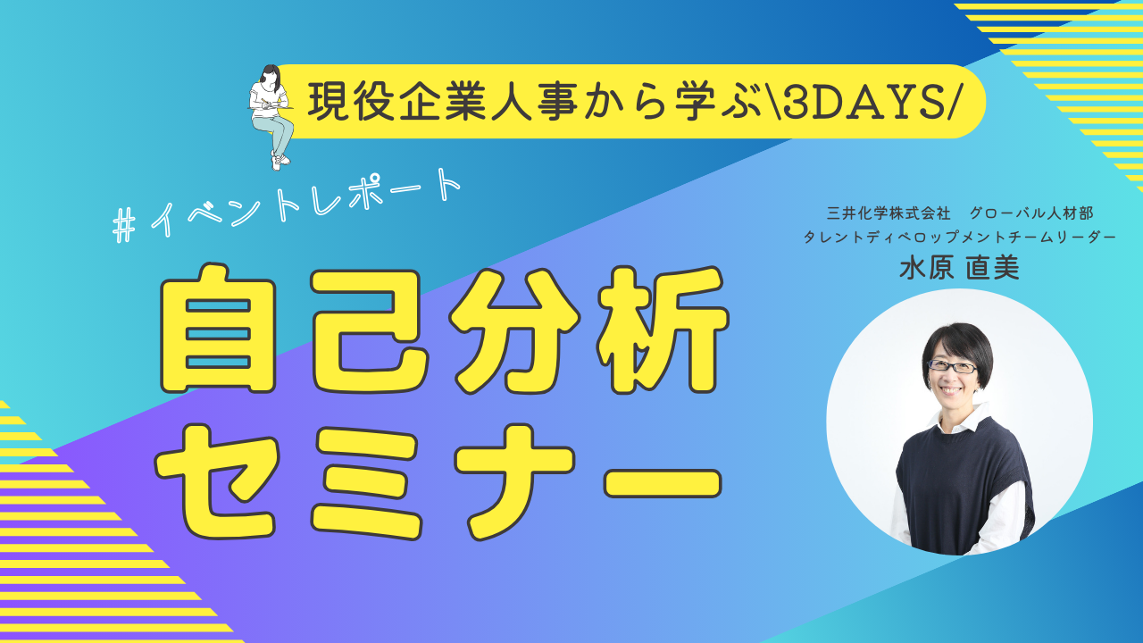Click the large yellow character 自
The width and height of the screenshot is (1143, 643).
coord(219,330)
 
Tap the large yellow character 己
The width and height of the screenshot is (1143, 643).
coord(370,330)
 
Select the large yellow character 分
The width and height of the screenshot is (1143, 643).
coord(514,330)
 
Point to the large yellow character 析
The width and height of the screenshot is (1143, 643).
coord(663,330)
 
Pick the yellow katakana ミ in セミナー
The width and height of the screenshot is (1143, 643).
coord(366,482)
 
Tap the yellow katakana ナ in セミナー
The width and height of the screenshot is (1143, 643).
coord(515,481)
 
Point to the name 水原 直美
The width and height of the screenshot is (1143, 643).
coord(959,267)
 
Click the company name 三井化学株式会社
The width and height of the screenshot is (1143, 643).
coord(889,213)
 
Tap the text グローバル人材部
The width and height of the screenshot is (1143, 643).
coord(1030,213)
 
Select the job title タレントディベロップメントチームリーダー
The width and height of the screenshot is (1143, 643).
coord(959,238)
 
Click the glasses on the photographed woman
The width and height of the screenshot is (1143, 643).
coord(952,366)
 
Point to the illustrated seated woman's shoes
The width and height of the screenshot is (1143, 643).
coord(279,162)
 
